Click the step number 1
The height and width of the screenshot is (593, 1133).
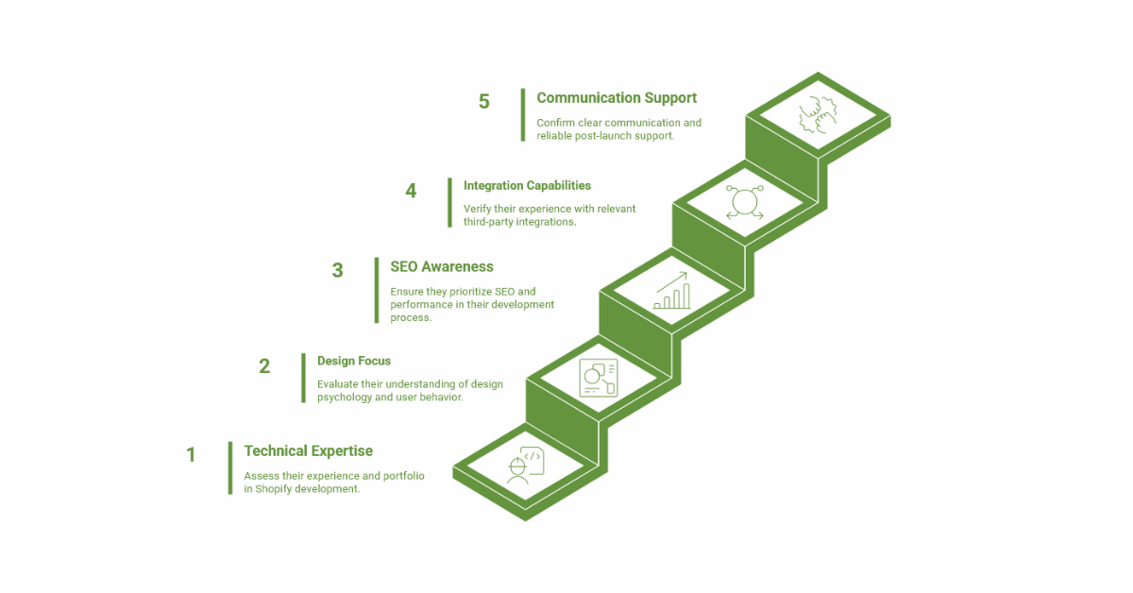[191, 455]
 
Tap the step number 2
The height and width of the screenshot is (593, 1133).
[264, 366]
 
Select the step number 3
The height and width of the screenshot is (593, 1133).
[338, 271]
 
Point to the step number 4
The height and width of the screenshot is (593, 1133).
[411, 191]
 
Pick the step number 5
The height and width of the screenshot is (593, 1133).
[483, 102]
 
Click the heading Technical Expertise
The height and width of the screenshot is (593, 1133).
[308, 451]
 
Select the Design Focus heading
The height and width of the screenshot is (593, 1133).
[353, 361]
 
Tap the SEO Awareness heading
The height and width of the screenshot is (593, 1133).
[441, 267]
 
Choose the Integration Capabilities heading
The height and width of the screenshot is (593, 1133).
[527, 186]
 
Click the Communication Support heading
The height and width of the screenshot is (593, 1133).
[617, 97]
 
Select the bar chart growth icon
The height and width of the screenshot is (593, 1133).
[671, 291]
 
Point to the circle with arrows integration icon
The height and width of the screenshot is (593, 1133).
[744, 202]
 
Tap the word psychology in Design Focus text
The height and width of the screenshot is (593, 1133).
[349, 398]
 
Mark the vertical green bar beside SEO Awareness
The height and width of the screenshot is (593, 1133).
[376, 290]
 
